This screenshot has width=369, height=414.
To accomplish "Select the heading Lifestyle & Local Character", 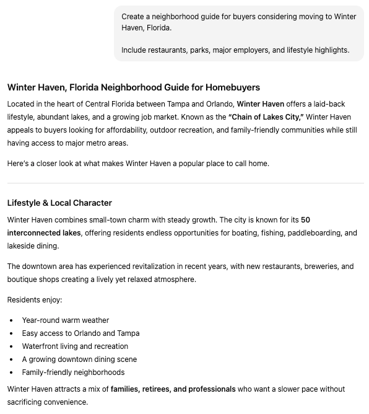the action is click(59, 203).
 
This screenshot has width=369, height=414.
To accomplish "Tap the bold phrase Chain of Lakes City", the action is click(266, 117).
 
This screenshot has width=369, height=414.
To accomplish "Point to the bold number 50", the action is click(305, 220).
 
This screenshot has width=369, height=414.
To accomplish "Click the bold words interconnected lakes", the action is click(44, 233).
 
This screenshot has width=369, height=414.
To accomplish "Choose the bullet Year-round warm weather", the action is click(65, 320).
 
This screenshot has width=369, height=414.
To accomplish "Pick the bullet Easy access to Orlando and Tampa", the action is click(80, 333).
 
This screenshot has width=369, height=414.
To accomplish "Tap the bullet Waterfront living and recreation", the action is click(75, 346).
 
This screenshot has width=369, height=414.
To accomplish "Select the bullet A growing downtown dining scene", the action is click(79, 359).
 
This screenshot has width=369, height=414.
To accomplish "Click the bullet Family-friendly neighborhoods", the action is click(73, 372).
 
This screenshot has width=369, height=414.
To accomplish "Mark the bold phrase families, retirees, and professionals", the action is click(173, 389).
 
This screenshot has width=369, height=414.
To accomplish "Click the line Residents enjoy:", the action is click(35, 300).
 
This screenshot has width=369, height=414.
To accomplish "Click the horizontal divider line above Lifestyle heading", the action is click(185, 183).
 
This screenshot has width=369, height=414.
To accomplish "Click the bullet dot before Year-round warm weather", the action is click(11, 320).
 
